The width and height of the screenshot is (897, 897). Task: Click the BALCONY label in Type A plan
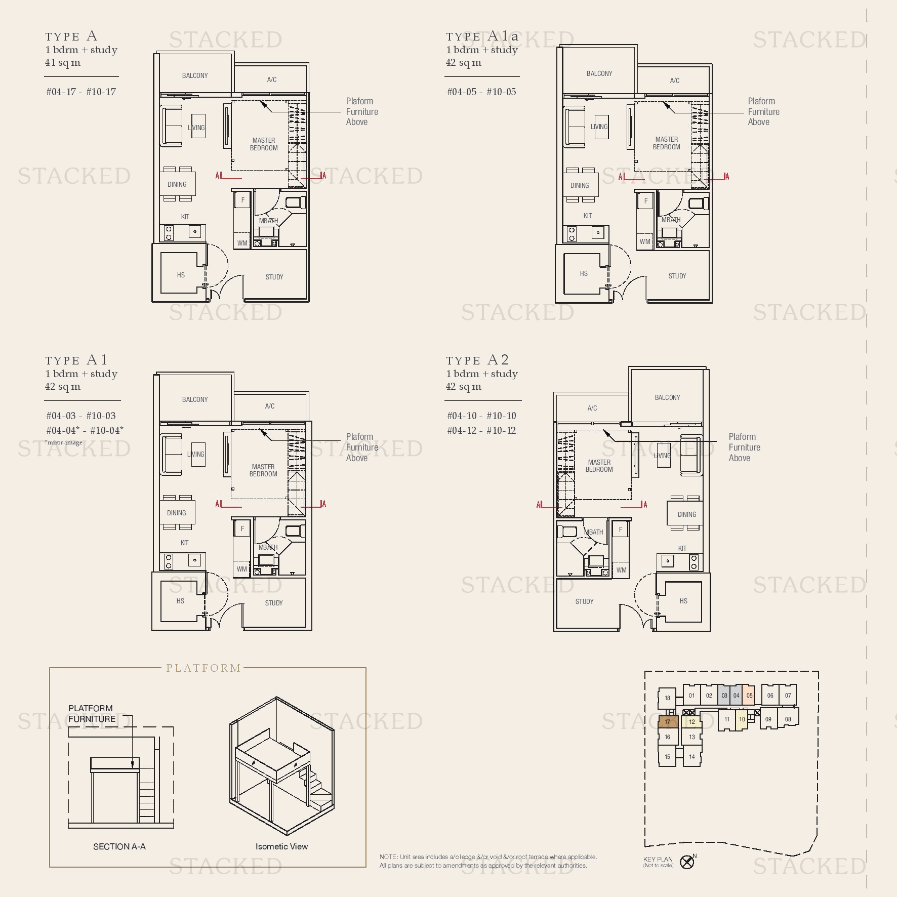click(x=195, y=75)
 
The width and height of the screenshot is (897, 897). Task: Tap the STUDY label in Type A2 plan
click(x=584, y=601)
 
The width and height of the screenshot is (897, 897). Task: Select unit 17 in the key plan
click(x=667, y=722)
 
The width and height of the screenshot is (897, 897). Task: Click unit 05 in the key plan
click(x=749, y=696)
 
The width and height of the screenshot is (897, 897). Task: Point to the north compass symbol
click(x=687, y=862)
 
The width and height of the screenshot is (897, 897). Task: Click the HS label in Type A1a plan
click(x=584, y=273)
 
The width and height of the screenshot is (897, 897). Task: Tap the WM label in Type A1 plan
click(x=242, y=569)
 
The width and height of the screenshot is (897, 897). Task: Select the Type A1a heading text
click(x=482, y=36)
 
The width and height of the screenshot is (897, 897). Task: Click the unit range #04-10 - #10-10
click(x=481, y=416)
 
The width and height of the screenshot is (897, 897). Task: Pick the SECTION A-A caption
click(x=119, y=846)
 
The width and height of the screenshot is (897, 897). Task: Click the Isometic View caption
click(x=281, y=846)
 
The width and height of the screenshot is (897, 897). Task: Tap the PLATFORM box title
click(x=203, y=668)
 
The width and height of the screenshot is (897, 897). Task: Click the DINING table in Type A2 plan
click(x=686, y=514)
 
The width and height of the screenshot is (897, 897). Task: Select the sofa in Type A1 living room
click(x=172, y=454)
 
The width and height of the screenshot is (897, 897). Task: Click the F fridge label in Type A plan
click(x=243, y=200)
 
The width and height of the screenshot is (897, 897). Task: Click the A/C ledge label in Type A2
click(x=592, y=408)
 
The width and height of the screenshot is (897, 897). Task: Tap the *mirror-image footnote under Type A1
click(x=64, y=442)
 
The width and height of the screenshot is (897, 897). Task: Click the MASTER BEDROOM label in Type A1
click(x=263, y=470)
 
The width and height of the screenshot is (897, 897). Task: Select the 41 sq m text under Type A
click(x=63, y=63)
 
